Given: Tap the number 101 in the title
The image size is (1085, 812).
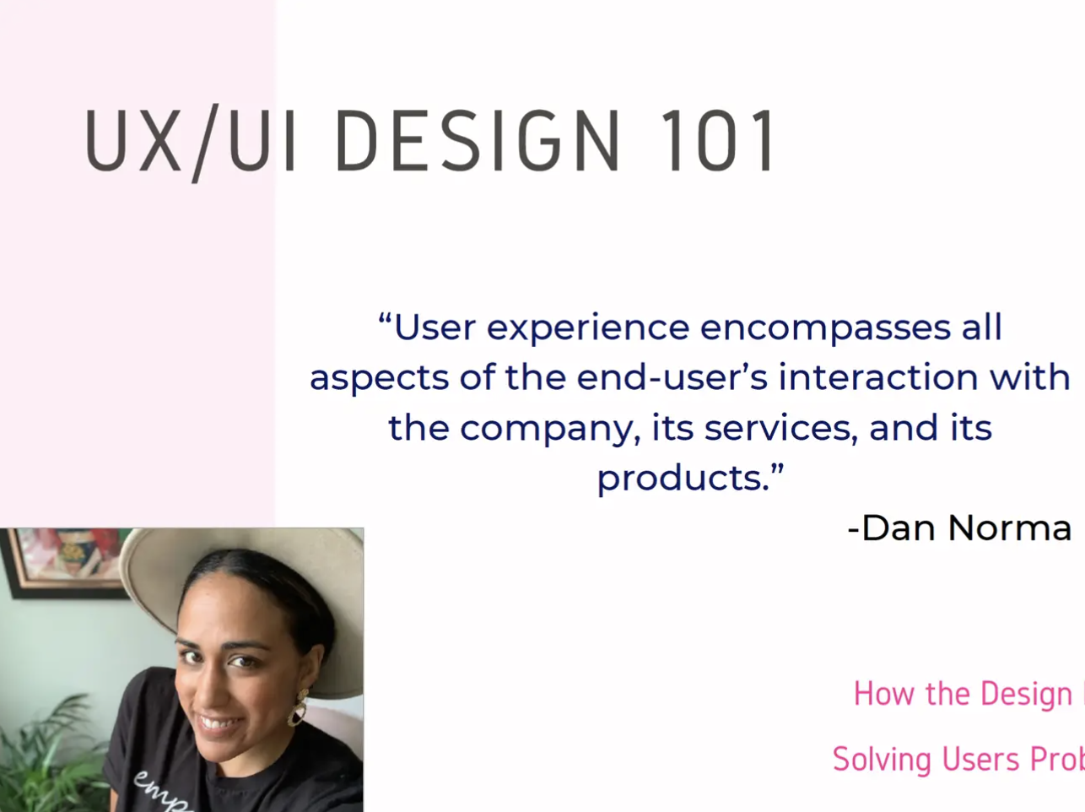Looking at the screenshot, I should [718, 141].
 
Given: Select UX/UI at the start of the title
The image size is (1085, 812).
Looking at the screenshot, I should [191, 141].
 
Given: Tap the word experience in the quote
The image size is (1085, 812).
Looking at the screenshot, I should [588, 328].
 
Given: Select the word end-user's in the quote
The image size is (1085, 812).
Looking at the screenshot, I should [672, 377].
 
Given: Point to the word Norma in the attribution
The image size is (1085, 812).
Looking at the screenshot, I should [1009, 528].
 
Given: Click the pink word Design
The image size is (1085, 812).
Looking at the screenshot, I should [1026, 694].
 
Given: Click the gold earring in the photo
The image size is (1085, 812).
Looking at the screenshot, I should [298, 708].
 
